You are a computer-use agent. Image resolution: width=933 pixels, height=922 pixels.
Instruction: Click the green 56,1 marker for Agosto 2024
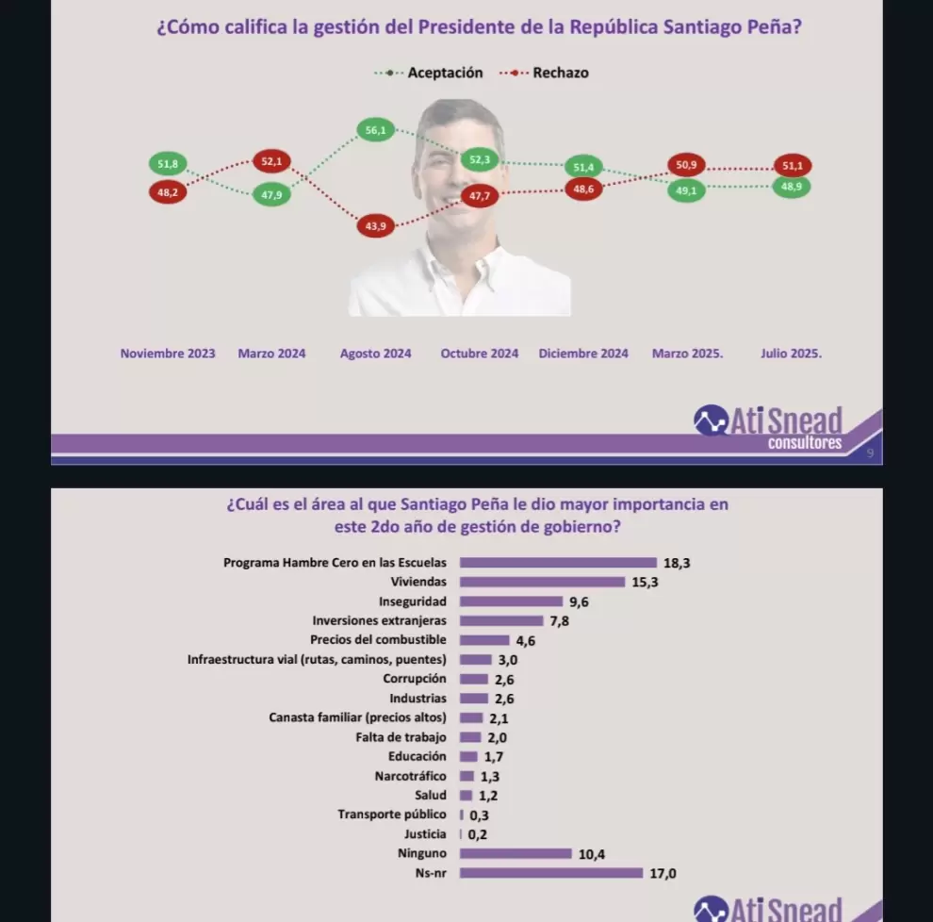click(x=375, y=130)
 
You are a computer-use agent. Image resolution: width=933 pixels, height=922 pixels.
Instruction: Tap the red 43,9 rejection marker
click(x=375, y=225)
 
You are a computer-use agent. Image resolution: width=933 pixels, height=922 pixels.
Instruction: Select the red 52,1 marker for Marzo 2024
click(x=271, y=161)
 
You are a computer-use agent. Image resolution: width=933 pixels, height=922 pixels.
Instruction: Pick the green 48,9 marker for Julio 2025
click(x=792, y=187)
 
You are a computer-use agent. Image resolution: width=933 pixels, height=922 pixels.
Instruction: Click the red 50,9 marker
click(x=686, y=165)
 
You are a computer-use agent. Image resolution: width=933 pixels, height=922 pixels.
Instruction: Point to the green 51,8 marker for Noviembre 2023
click(x=168, y=164)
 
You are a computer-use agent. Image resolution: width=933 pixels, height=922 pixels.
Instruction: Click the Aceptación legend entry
click(x=429, y=73)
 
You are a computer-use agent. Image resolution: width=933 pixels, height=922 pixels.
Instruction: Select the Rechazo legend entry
click(x=544, y=73)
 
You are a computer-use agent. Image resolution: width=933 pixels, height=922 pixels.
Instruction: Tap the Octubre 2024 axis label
click(x=480, y=354)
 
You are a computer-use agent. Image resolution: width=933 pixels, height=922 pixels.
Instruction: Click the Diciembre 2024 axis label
click(x=583, y=354)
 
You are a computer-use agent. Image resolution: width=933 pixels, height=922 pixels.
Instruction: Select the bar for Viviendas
click(x=542, y=582)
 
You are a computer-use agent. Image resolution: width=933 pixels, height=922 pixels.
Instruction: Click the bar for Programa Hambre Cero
click(x=558, y=563)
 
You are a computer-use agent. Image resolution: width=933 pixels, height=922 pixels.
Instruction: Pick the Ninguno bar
click(x=516, y=853)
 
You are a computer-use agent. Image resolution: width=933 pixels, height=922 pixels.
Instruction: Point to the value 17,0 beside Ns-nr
click(x=663, y=873)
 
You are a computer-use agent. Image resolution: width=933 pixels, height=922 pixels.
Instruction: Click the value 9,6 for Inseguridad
click(x=579, y=601)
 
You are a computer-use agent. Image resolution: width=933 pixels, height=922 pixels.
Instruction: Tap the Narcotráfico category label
click(x=411, y=776)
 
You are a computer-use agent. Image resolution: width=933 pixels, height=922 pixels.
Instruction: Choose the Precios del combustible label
click(x=378, y=640)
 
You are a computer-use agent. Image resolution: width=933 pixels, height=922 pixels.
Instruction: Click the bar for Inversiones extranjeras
click(x=501, y=621)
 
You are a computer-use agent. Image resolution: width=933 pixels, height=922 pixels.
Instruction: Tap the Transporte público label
click(x=392, y=815)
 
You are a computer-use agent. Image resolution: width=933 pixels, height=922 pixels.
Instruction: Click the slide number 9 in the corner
click(x=870, y=453)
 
